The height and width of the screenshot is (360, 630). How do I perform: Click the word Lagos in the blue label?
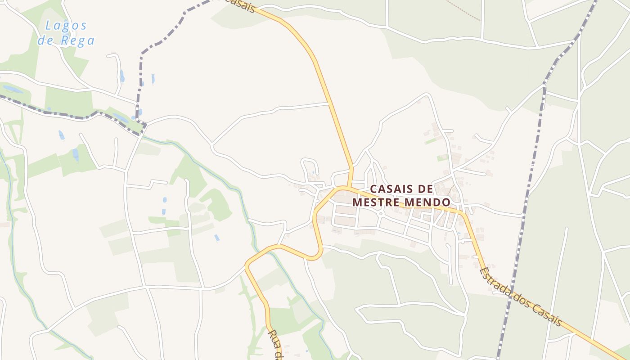pyautogui.click(x=66, y=26)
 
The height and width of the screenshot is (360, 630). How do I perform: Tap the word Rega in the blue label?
pyautogui.click(x=78, y=41)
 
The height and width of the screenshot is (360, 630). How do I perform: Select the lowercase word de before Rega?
pyautogui.click(x=45, y=41)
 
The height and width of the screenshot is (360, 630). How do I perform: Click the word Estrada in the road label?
pyautogui.click(x=495, y=283)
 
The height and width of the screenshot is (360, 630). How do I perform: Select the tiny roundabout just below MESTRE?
pyautogui.click(x=381, y=214)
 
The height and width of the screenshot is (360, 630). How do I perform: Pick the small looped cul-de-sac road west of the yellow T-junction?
pyautogui.click(x=310, y=166)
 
